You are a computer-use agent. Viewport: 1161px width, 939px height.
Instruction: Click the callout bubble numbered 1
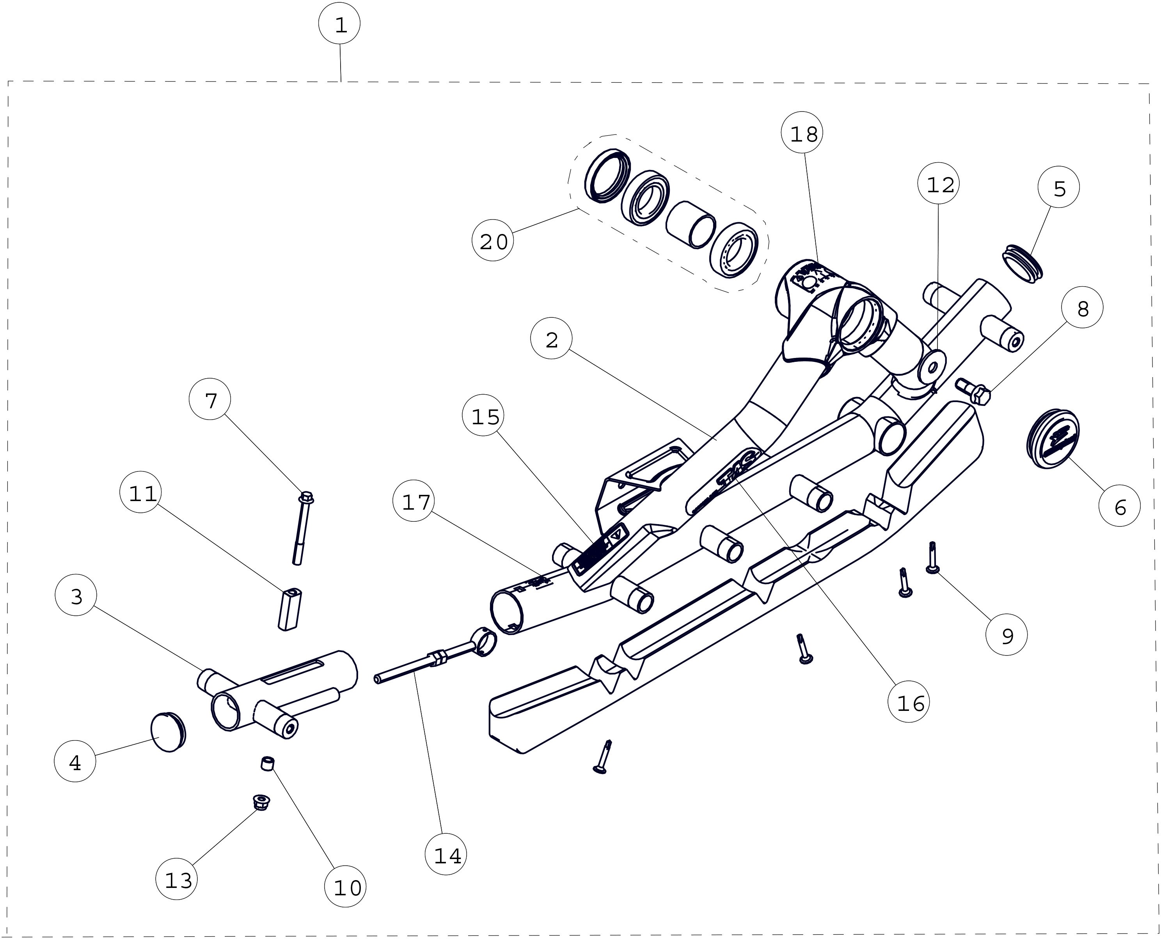click(x=340, y=25)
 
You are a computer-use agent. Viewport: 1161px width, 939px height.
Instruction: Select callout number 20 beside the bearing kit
click(x=493, y=241)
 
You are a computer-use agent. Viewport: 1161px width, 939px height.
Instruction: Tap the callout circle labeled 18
click(x=803, y=134)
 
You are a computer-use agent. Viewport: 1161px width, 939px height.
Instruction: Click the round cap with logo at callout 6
click(x=1052, y=439)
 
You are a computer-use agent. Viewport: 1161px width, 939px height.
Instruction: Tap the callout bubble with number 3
click(x=76, y=597)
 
